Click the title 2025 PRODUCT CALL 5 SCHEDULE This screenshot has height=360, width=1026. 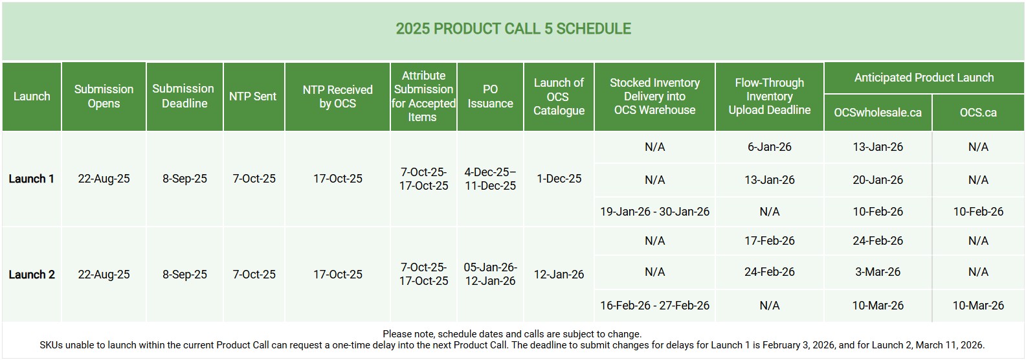tap(513, 28)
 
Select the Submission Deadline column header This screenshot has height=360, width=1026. tap(184, 96)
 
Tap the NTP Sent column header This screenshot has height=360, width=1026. tap(253, 96)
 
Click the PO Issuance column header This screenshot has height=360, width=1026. tap(490, 96)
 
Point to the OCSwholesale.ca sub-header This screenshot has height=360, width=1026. tap(878, 113)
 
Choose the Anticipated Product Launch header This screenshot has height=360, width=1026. tap(924, 78)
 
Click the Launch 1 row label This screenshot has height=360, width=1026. tap(31, 179)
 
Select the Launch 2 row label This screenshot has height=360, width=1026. tap(31, 275)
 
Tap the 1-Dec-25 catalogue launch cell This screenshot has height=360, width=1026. tap(559, 179)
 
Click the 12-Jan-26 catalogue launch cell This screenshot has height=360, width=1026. tap(559, 275)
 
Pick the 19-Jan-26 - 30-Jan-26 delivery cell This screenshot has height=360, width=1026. tap(654, 212)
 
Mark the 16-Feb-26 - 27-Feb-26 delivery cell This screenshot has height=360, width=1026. tap(654, 306)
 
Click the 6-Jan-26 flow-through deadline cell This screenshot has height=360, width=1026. tap(770, 147)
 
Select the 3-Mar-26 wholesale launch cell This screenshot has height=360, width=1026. tap(878, 272)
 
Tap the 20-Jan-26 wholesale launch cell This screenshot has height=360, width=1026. tap(878, 180)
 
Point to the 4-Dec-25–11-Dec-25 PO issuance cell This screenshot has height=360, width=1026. tap(490, 179)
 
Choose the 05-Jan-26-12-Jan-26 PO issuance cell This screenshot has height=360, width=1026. tap(490, 274)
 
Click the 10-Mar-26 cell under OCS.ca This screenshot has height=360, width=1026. tap(978, 306)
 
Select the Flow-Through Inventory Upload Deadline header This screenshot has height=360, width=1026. tap(770, 96)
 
